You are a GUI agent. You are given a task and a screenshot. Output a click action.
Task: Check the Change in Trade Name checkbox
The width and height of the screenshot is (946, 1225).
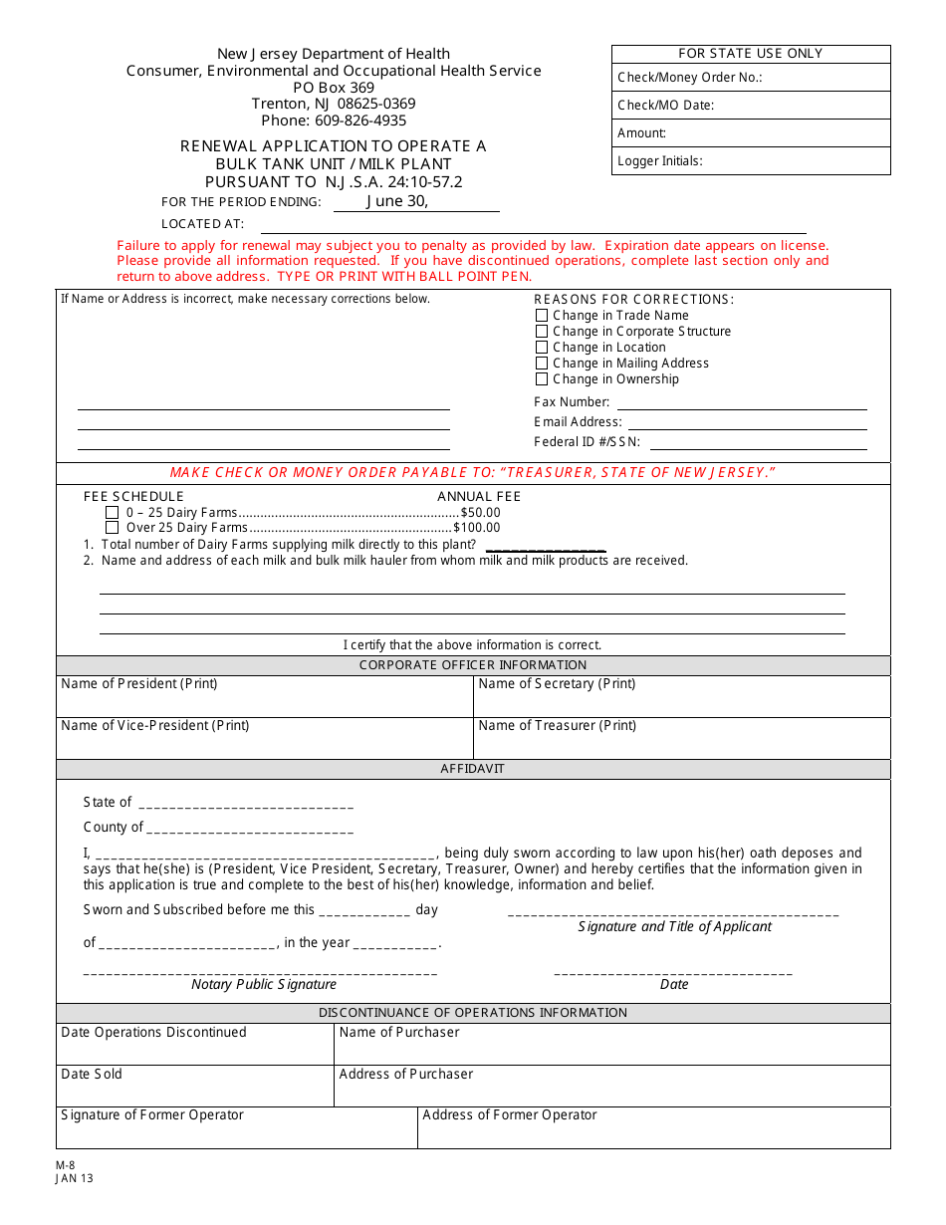click(x=542, y=316)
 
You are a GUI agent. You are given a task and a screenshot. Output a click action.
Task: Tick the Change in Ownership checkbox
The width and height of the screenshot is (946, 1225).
click(x=542, y=379)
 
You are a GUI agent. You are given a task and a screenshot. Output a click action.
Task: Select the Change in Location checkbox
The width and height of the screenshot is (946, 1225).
click(x=542, y=348)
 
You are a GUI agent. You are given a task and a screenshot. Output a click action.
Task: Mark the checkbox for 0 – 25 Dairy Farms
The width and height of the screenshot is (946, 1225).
click(x=113, y=512)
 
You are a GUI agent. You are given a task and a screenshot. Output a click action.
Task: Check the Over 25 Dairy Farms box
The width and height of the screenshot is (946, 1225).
click(x=113, y=528)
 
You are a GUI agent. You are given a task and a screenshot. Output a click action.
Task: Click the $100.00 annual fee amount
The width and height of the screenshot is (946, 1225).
click(x=477, y=528)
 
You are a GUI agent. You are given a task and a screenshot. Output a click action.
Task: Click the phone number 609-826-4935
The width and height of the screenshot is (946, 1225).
click(x=334, y=121)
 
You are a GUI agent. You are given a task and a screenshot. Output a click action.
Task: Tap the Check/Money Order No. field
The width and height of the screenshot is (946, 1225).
click(x=751, y=78)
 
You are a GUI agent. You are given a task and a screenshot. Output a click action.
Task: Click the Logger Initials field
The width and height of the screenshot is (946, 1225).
click(x=751, y=161)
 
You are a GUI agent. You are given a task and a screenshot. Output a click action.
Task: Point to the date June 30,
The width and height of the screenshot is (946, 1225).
click(x=397, y=201)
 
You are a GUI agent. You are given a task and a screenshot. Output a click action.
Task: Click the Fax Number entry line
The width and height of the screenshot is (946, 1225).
click(x=742, y=402)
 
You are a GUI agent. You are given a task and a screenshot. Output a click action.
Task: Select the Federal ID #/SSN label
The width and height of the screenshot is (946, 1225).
click(x=588, y=442)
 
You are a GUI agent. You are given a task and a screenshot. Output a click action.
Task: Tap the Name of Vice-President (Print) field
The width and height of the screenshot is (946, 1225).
click(x=264, y=738)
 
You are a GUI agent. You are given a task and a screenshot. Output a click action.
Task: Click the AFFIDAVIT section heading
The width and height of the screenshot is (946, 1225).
click(x=473, y=769)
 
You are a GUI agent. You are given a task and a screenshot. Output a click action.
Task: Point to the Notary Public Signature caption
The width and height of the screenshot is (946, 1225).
click(x=264, y=985)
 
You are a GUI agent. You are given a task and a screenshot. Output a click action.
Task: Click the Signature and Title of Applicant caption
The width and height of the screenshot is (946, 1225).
click(x=674, y=927)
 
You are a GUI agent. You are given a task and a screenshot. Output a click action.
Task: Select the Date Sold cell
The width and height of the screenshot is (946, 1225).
click(x=194, y=1085)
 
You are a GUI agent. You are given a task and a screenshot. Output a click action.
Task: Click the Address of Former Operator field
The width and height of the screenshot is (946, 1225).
click(x=653, y=1126)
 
